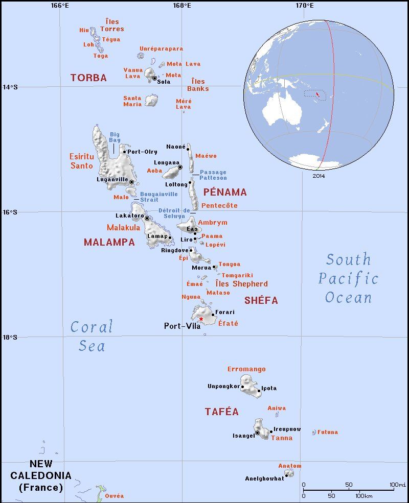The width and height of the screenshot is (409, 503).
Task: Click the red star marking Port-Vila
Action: click(201, 319)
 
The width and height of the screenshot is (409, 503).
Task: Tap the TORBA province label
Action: click(88, 78)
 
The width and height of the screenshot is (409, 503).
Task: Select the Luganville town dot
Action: click(131, 182)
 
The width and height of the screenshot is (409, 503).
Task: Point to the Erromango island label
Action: click(246, 369)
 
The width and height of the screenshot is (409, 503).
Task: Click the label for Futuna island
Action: click(328, 432)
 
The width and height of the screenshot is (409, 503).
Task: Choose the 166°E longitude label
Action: click(60, 5)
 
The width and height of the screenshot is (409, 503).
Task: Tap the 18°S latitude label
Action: click(10, 337)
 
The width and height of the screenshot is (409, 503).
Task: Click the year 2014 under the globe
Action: click(318, 176)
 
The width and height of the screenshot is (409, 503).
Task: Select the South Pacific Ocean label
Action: click(349, 278)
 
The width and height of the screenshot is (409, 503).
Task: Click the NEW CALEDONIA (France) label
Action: click(41, 475)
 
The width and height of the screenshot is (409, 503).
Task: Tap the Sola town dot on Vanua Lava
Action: click(154, 78)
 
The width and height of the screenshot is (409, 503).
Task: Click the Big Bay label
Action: click(115, 137)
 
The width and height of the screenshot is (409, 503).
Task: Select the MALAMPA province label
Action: click(109, 243)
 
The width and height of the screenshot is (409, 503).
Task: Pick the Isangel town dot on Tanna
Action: click(258, 433)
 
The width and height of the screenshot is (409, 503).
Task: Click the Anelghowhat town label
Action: click(264, 478)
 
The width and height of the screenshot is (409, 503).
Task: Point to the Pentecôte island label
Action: click(220, 206)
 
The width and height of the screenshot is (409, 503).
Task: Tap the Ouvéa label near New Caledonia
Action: click(114, 496)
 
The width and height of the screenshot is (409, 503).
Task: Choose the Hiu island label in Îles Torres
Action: click(84, 30)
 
